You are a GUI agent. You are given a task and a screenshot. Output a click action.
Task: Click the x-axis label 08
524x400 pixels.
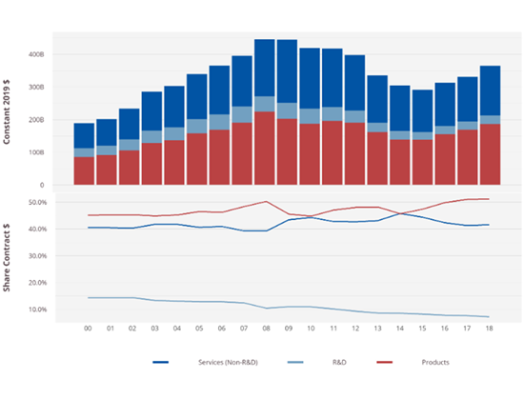coord(264,329)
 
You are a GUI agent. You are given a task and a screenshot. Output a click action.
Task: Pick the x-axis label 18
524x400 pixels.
coord(489,329)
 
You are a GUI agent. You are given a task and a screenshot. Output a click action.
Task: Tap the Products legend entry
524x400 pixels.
coord(433,362)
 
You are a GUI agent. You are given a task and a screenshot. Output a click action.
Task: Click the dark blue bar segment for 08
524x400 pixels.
coord(265,67)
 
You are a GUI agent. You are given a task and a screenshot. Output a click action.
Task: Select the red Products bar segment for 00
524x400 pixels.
coord(84,170)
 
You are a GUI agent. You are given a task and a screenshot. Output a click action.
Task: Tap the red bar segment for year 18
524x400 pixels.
coord(489,154)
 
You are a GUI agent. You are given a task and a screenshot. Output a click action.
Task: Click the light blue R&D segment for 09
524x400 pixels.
coord(287,110)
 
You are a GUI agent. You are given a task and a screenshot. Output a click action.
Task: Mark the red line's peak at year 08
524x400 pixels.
coord(265,201)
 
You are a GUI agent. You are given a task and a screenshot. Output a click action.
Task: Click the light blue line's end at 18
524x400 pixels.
coord(489,317)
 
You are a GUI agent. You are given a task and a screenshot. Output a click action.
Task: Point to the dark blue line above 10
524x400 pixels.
coord(310,217)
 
